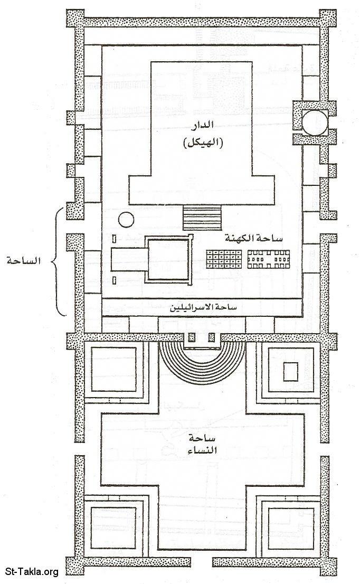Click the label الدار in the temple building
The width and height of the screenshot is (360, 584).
coord(202,126)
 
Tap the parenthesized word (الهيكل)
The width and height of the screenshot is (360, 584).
coord(203,142)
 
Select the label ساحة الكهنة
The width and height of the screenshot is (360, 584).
coord(253,238)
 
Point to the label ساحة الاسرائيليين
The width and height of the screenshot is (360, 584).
coord(203,308)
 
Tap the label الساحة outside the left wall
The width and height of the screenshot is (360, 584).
coord(23,260)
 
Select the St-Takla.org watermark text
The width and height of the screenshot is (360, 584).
coord(32,572)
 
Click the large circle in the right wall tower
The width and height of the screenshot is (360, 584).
coord(315,123)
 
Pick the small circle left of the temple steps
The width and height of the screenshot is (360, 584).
coord(126,220)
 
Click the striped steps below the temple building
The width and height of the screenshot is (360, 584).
coord(202,218)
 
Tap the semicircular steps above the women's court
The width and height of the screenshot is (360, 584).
coord(202,360)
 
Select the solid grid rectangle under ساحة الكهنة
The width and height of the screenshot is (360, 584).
coord(224,259)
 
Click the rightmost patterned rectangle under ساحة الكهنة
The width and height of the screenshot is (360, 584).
coord(269,259)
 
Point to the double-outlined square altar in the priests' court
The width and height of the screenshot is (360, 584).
coord(168,259)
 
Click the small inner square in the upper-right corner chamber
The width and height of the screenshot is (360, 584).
coord(290,371)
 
